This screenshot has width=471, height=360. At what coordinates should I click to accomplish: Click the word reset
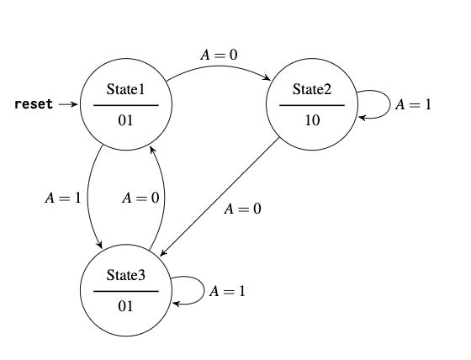pos(34,104)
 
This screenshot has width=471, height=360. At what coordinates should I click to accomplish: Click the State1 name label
pos(125,89)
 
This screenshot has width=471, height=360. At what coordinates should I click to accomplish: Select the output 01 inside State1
pos(125,120)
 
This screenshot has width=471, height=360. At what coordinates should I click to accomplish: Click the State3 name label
pos(125,275)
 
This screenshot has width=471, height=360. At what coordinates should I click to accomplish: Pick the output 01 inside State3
pos(125,306)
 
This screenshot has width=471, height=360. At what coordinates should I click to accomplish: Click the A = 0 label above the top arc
pos(219,55)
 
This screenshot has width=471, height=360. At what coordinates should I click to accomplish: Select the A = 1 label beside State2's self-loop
pos(413,105)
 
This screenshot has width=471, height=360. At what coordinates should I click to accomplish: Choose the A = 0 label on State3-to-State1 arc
pos(140,199)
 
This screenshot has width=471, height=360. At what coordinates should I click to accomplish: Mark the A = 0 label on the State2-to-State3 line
pos(242,209)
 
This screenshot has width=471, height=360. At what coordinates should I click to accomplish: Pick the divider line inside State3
pos(125,291)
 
